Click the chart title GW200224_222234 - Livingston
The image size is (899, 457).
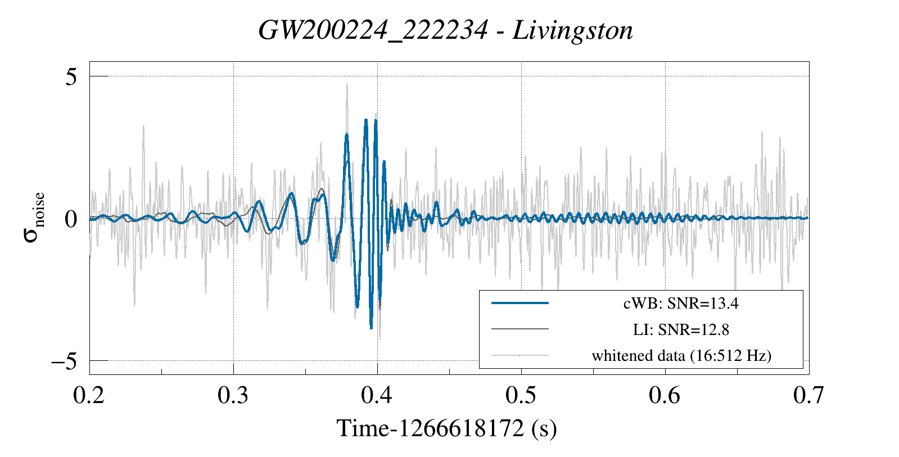pyautogui.click(x=445, y=30)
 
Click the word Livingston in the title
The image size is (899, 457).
pyautogui.click(x=572, y=30)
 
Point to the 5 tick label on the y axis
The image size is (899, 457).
pyautogui.click(x=70, y=77)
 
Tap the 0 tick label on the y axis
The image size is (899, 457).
pyautogui.click(x=70, y=219)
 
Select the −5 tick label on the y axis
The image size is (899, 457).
pyautogui.click(x=64, y=361)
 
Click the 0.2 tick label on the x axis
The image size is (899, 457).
pyautogui.click(x=89, y=396)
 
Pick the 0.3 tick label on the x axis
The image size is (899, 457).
pyautogui.click(x=233, y=396)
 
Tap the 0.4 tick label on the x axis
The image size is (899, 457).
pyautogui.click(x=377, y=396)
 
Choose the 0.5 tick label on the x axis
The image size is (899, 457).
pyautogui.click(x=521, y=396)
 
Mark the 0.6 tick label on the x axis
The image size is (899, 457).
pyautogui.click(x=665, y=396)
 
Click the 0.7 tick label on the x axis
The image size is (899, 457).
pyautogui.click(x=808, y=396)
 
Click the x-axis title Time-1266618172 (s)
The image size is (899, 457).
pyautogui.click(x=446, y=429)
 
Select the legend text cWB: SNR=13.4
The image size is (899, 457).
pyautogui.click(x=681, y=304)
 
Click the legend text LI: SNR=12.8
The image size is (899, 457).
pyautogui.click(x=681, y=329)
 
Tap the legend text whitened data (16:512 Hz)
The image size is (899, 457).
pyautogui.click(x=681, y=355)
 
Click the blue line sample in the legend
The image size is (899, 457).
pyautogui.click(x=519, y=304)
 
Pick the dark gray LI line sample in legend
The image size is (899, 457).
pyautogui.click(x=519, y=329)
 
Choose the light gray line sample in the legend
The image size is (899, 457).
pyautogui.click(x=519, y=355)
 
